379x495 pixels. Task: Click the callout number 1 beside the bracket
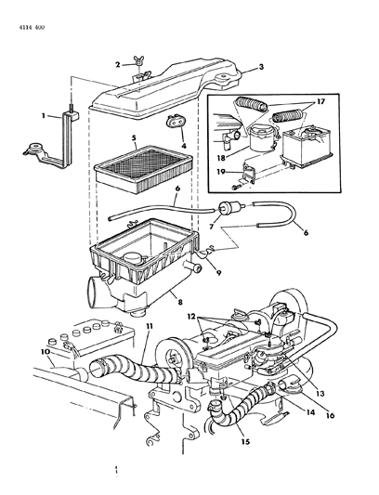point(44,116)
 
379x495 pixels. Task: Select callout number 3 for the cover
point(261,67)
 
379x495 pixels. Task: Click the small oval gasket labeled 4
point(176,122)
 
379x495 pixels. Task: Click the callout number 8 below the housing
point(180,302)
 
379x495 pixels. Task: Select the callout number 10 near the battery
point(46,352)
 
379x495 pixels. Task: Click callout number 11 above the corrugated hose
point(149,326)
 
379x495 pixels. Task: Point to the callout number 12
point(191,316)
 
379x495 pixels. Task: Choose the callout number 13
point(320,394)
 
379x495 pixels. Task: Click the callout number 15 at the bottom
point(245,441)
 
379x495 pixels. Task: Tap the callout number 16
point(330,415)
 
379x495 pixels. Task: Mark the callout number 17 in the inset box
point(320,101)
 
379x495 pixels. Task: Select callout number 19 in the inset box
point(221,172)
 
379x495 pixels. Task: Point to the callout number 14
point(310,412)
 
